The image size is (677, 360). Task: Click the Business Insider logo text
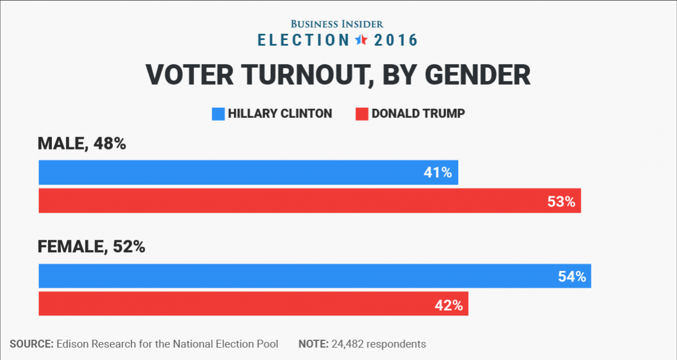(337, 24)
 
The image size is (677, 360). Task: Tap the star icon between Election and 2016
(361, 40)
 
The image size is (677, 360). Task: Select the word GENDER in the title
(475, 75)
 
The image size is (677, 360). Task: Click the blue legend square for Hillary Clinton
(218, 113)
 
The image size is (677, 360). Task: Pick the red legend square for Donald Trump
(362, 113)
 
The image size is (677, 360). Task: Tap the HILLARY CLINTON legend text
(280, 113)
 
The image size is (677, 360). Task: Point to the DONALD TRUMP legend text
(418, 113)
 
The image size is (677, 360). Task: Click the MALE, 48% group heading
(81, 144)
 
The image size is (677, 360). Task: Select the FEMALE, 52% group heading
(91, 247)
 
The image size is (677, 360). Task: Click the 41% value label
(438, 173)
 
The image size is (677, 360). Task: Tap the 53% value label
(561, 201)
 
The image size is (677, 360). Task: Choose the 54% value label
(572, 276)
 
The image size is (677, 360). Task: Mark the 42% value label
(449, 305)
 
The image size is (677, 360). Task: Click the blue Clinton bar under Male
(226, 173)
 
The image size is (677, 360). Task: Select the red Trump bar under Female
(226, 304)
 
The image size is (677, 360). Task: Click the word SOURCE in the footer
(31, 344)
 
